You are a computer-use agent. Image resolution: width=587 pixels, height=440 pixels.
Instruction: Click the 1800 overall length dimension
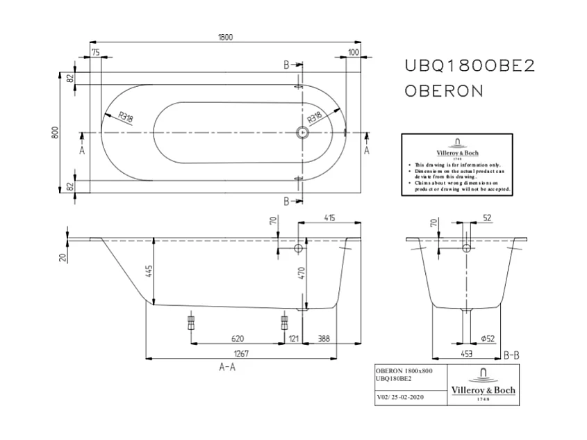(224, 37)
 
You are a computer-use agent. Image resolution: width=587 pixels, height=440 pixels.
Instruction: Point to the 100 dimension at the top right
(353, 52)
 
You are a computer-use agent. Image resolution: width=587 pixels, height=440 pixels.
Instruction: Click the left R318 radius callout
(126, 117)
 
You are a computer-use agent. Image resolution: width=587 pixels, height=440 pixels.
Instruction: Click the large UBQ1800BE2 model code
(470, 65)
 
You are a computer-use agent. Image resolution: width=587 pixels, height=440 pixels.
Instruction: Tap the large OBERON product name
(444, 91)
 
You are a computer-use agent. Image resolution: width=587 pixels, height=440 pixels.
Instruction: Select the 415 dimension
(329, 218)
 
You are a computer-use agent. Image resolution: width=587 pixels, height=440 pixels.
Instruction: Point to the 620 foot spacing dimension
(237, 339)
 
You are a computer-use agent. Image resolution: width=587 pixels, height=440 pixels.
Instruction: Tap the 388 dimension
(324, 339)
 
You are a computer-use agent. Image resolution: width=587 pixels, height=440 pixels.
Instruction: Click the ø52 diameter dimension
(487, 339)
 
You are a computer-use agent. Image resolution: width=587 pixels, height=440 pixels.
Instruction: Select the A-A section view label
(227, 368)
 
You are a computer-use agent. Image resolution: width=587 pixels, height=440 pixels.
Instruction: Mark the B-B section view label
(511, 355)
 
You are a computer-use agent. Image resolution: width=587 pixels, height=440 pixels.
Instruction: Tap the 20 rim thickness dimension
(63, 258)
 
